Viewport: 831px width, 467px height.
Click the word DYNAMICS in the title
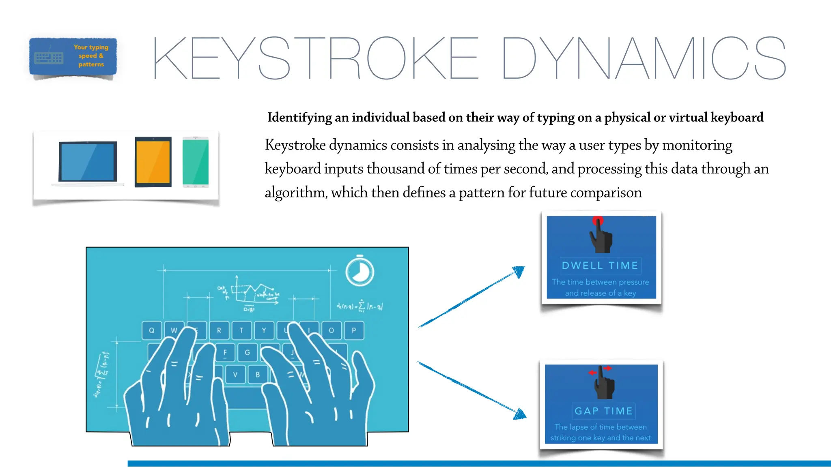coord(644,58)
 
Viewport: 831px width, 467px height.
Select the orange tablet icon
coord(153,162)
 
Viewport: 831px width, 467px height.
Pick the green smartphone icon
coord(196,162)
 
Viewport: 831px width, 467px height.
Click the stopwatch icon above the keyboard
coord(360,271)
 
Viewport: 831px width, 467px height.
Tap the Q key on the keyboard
coord(152,330)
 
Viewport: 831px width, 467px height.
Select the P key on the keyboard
coord(354,330)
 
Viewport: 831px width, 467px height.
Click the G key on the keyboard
coord(247,352)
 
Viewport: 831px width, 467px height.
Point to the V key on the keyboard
coord(235,374)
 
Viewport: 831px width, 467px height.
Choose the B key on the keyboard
coord(258,374)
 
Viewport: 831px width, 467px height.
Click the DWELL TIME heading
coord(600,266)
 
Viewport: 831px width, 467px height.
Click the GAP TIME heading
coord(603,411)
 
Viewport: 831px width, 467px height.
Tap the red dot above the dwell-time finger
coord(598,221)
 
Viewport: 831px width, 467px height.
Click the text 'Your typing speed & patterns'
coord(91,56)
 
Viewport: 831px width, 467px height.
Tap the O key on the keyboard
coord(332,330)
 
